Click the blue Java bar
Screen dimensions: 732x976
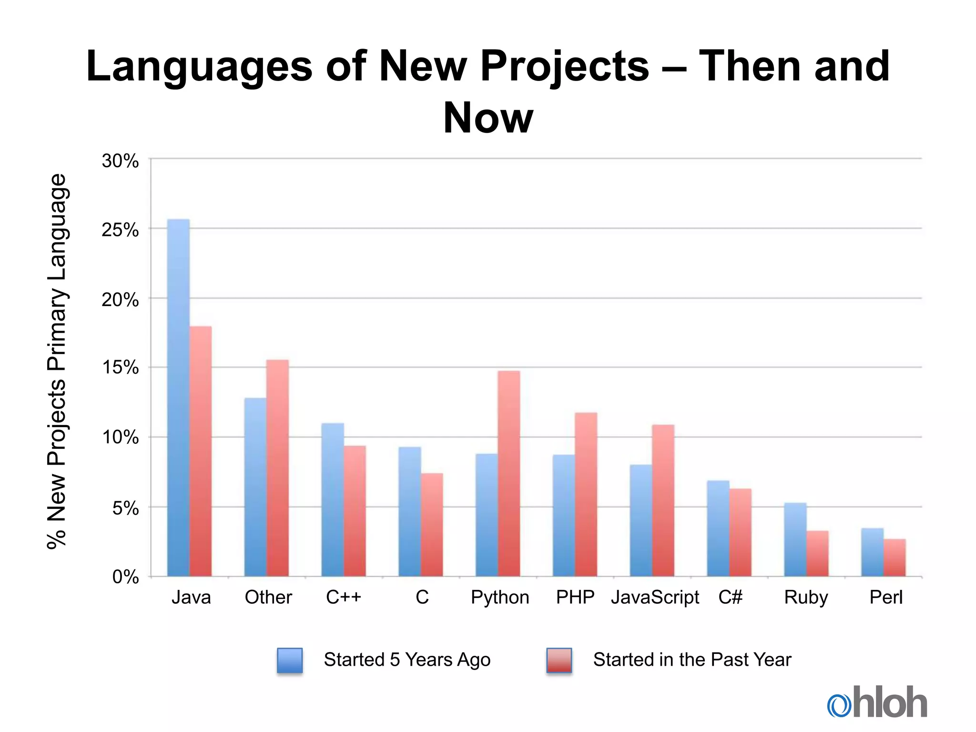tap(178, 398)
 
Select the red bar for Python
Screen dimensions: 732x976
tap(509, 474)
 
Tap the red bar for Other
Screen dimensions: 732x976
tap(277, 468)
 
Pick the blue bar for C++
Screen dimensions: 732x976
tap(333, 500)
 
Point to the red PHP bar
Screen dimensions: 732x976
tap(586, 495)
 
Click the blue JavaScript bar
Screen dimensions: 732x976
tap(641, 520)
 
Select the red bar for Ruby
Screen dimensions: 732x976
tap(818, 554)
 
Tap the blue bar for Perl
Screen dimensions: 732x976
tap(872, 552)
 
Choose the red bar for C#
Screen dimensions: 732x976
tap(741, 532)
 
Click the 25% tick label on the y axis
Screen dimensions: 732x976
tap(120, 230)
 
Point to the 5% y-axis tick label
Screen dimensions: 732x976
tap(125, 508)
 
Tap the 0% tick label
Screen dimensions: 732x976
tap(125, 577)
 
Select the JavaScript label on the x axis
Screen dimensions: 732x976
tap(655, 597)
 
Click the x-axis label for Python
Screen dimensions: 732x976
tap(500, 597)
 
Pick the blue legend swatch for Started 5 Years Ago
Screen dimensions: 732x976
tap(290, 660)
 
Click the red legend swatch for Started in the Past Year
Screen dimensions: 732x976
tap(559, 660)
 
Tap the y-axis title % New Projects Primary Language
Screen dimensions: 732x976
tap(57, 361)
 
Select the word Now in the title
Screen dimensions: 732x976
tap(488, 118)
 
